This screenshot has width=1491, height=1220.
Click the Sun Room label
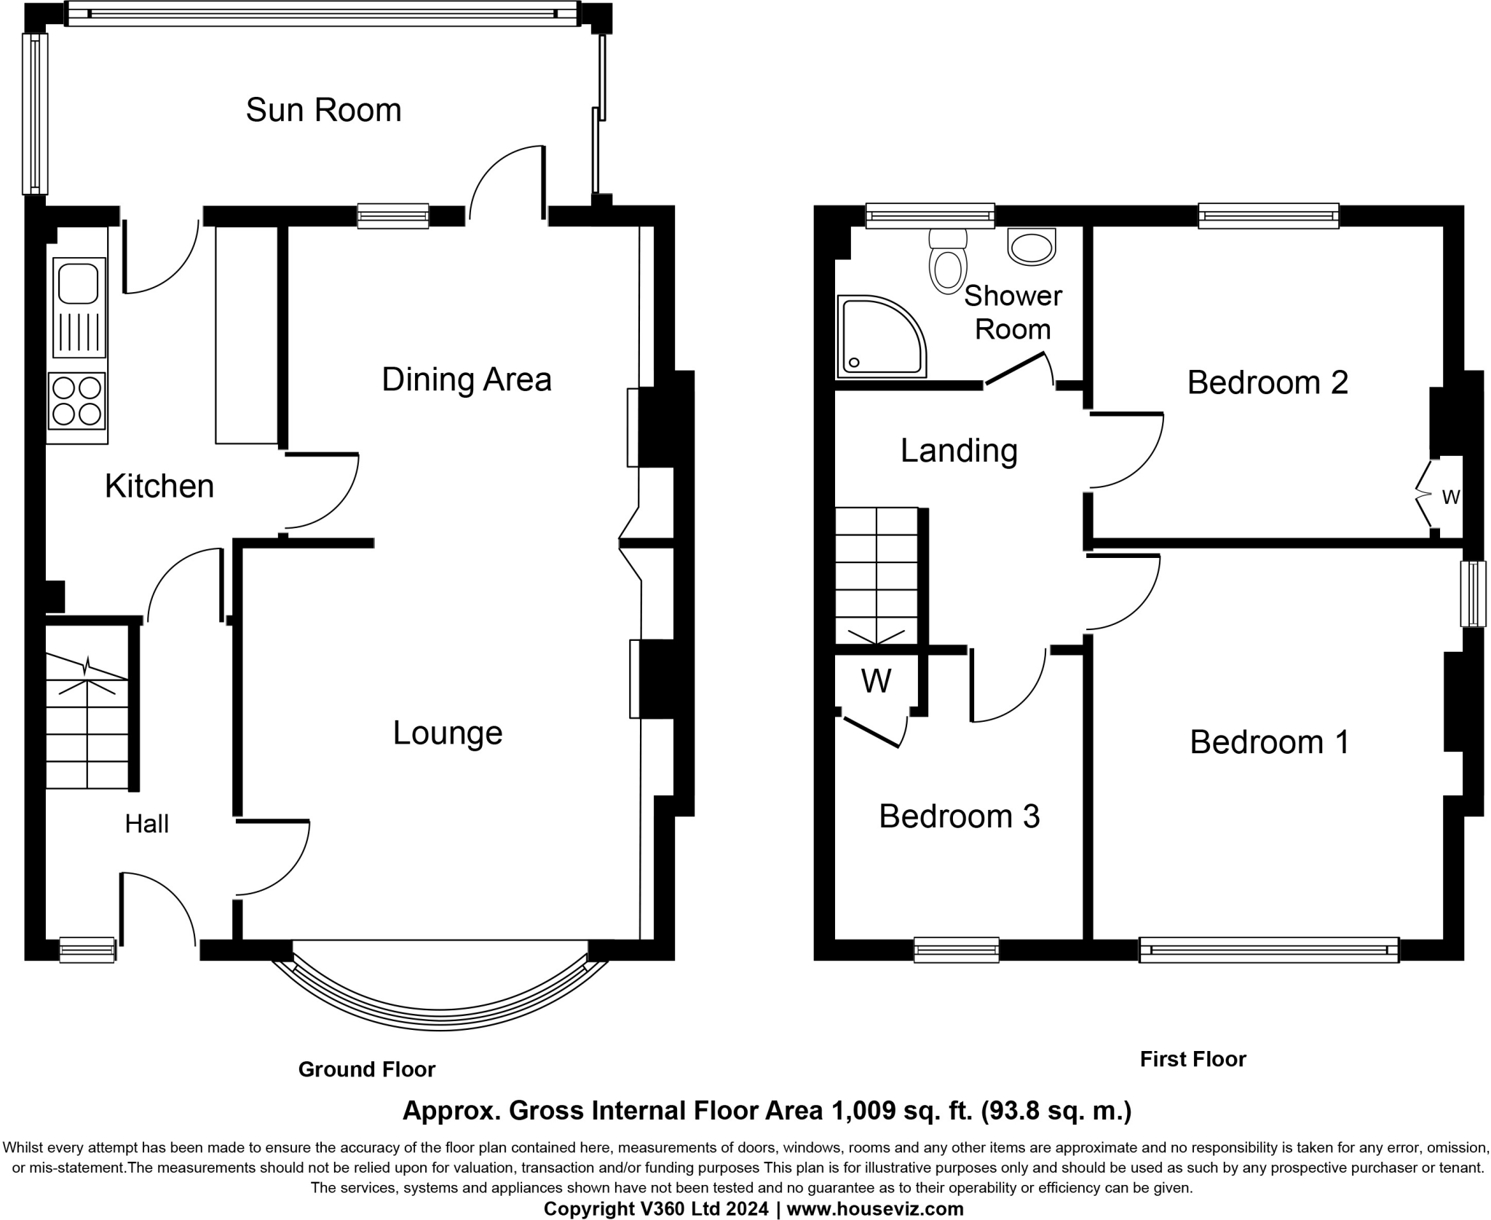[323, 110]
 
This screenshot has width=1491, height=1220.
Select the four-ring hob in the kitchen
[77, 401]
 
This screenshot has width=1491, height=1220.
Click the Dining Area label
[467, 379]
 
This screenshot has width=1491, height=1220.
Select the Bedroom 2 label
[1267, 382]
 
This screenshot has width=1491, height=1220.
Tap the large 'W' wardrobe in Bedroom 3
[876, 682]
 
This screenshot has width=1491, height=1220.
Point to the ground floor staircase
[87, 721]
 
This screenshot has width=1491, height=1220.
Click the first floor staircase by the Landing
[877, 575]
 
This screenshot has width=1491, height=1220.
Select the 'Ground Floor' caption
[367, 1069]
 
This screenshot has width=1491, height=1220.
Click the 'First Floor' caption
[1193, 1059]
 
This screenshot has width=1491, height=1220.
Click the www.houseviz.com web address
[875, 1209]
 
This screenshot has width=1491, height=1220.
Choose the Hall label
[147, 824]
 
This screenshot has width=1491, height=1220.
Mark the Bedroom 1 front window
[1269, 951]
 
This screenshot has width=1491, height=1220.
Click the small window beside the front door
[87, 950]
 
